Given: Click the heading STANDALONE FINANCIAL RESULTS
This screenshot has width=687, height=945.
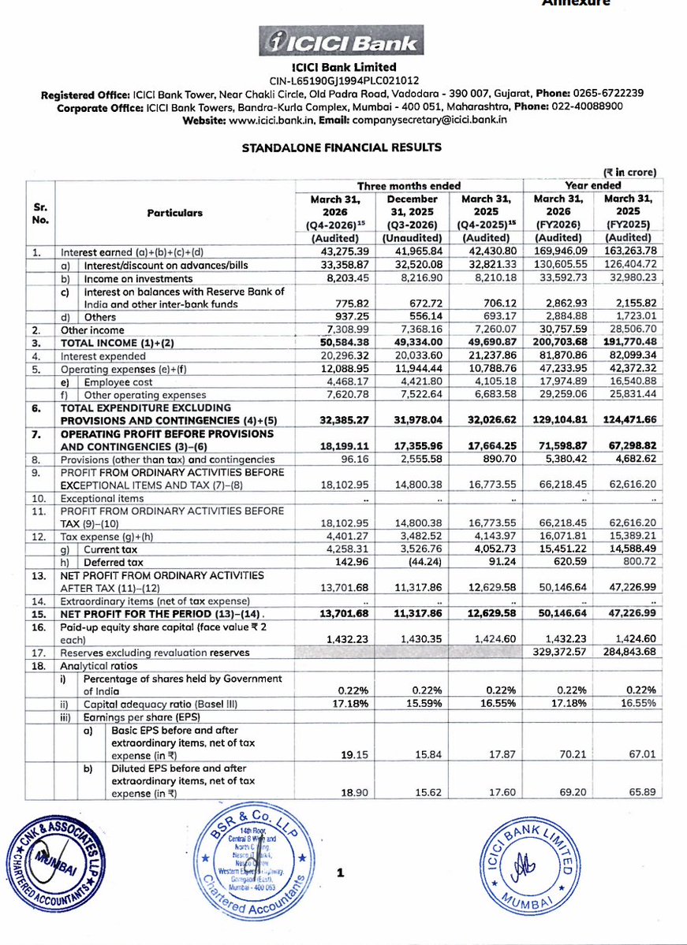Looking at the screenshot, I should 342,147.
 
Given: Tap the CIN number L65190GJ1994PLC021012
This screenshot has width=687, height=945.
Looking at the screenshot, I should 343,80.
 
